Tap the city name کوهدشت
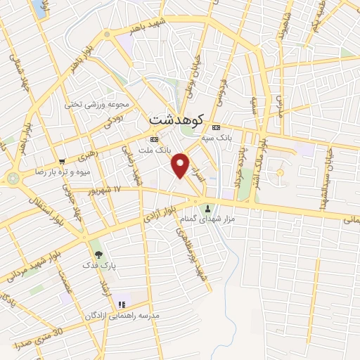176,121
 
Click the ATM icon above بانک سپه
215,127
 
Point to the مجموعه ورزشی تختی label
98,105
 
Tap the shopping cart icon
63,160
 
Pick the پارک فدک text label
108,266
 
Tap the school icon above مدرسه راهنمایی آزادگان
122,304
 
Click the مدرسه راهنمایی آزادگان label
126,316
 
